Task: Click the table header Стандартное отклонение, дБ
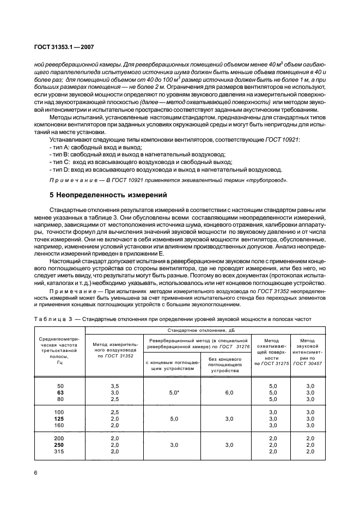coord(205,330)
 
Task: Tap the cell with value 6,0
coord(224,391)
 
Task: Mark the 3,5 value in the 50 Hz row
coord(114,385)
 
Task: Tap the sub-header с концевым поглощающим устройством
coord(172,365)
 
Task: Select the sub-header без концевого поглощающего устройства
coord(224,365)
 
